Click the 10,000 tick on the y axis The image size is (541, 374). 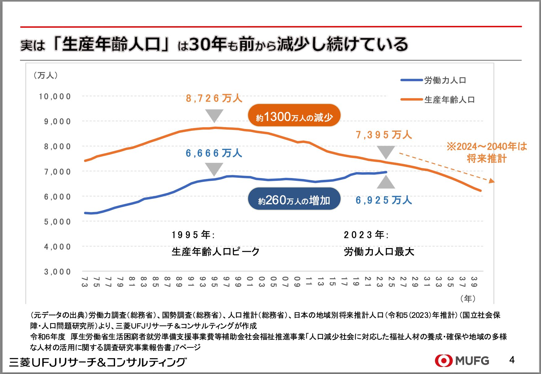click(55, 97)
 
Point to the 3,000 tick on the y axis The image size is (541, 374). click(58, 272)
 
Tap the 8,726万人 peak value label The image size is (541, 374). click(214, 98)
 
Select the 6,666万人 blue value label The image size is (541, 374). click(214, 153)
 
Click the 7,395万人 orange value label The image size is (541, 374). click(384, 135)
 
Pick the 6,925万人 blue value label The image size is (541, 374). click(384, 200)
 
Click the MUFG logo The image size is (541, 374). click(462, 360)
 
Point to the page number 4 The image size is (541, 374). click(512, 360)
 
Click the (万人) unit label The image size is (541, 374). click(46, 75)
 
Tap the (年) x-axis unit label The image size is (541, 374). click(468, 298)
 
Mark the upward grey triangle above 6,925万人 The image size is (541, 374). click(386, 182)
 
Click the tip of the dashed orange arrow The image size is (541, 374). click(493, 181)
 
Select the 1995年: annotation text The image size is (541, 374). click(193, 235)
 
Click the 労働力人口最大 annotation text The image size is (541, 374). click(379, 252)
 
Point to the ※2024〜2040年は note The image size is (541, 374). click(487, 147)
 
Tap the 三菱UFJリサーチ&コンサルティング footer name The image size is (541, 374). click(98, 362)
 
